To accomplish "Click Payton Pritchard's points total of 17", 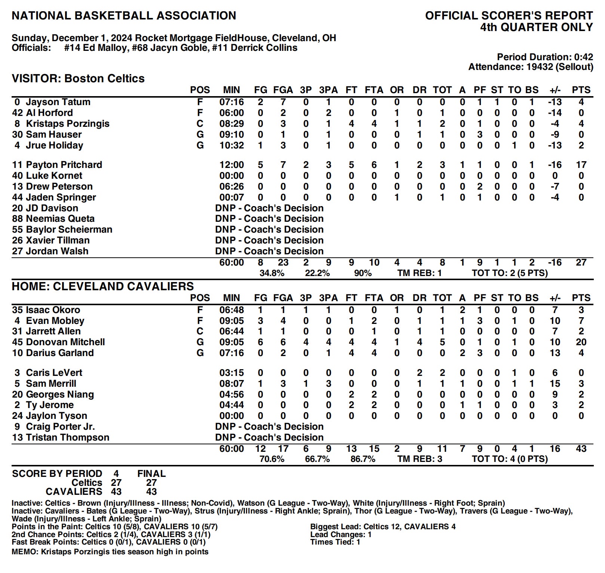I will pos(581,165).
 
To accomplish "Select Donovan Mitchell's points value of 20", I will pos(581,342).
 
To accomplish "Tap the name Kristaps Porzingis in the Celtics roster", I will pos(67,124).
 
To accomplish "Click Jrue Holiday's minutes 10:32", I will pos(231,145).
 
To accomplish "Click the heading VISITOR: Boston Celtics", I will pos(78,79).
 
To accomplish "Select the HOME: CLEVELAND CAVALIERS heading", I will pos(103,286).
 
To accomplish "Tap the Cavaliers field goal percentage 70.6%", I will pos(272,459).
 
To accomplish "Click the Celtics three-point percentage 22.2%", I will pos(317,273).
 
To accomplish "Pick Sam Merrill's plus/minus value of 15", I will pos(555,384).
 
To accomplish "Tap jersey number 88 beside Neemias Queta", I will pos(18,219).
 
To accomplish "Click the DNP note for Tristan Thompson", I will pos(269,438).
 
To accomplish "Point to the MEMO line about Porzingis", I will pos(110,552).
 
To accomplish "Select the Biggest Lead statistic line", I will pos(383,527).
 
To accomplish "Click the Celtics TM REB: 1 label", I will pos(419,273).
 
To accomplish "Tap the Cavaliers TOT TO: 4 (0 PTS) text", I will pos(510,459).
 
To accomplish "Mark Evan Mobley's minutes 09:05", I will pos(231,321).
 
